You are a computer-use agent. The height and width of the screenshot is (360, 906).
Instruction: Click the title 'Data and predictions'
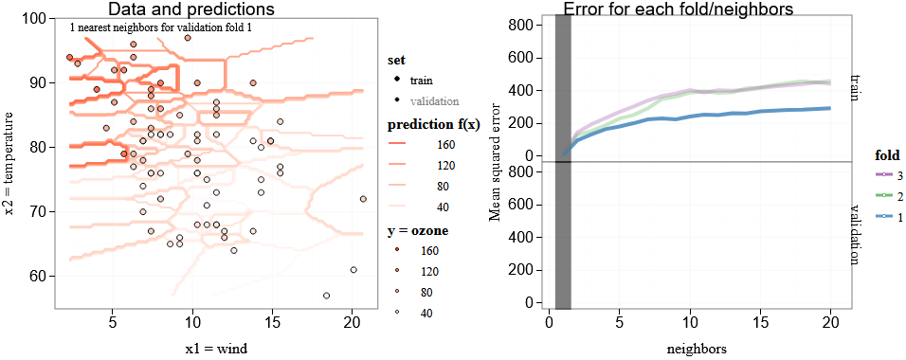(x=190, y=9)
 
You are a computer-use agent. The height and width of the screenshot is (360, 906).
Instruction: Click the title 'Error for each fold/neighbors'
(x=678, y=9)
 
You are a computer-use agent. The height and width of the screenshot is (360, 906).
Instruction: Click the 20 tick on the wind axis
(x=352, y=320)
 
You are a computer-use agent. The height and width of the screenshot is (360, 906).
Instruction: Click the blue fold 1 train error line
(x=720, y=115)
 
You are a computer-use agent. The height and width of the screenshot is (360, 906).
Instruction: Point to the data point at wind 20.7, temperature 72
(x=363, y=199)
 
